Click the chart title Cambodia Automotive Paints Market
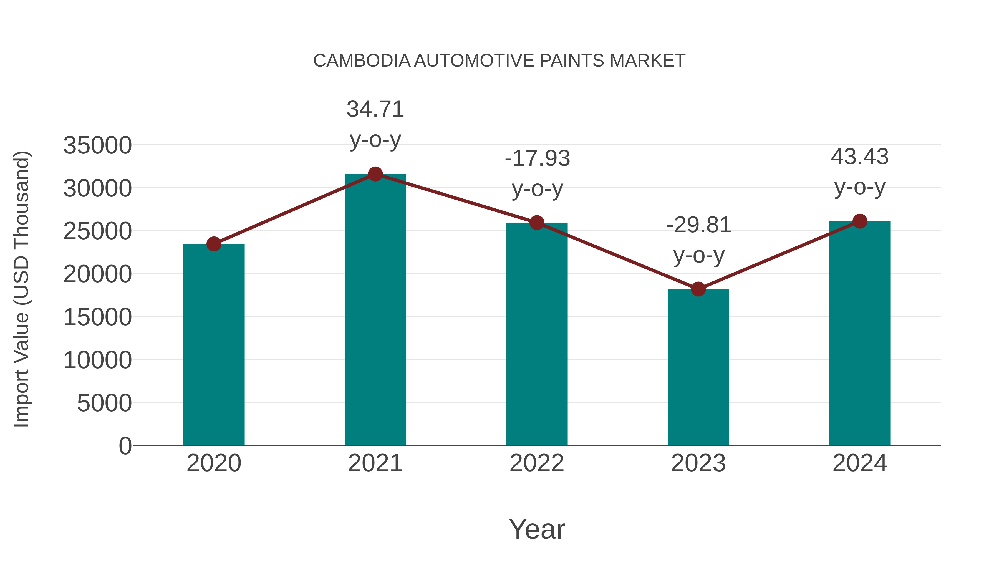click(x=499, y=61)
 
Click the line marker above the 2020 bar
click(x=214, y=244)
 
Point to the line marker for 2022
click(x=537, y=223)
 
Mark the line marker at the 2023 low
click(x=698, y=289)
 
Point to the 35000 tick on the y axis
click(x=97, y=145)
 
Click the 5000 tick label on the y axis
click(x=104, y=403)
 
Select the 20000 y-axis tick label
click(x=97, y=274)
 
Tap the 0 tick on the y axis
click(x=125, y=446)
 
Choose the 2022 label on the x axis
click(x=537, y=463)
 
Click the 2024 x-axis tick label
click(x=859, y=463)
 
